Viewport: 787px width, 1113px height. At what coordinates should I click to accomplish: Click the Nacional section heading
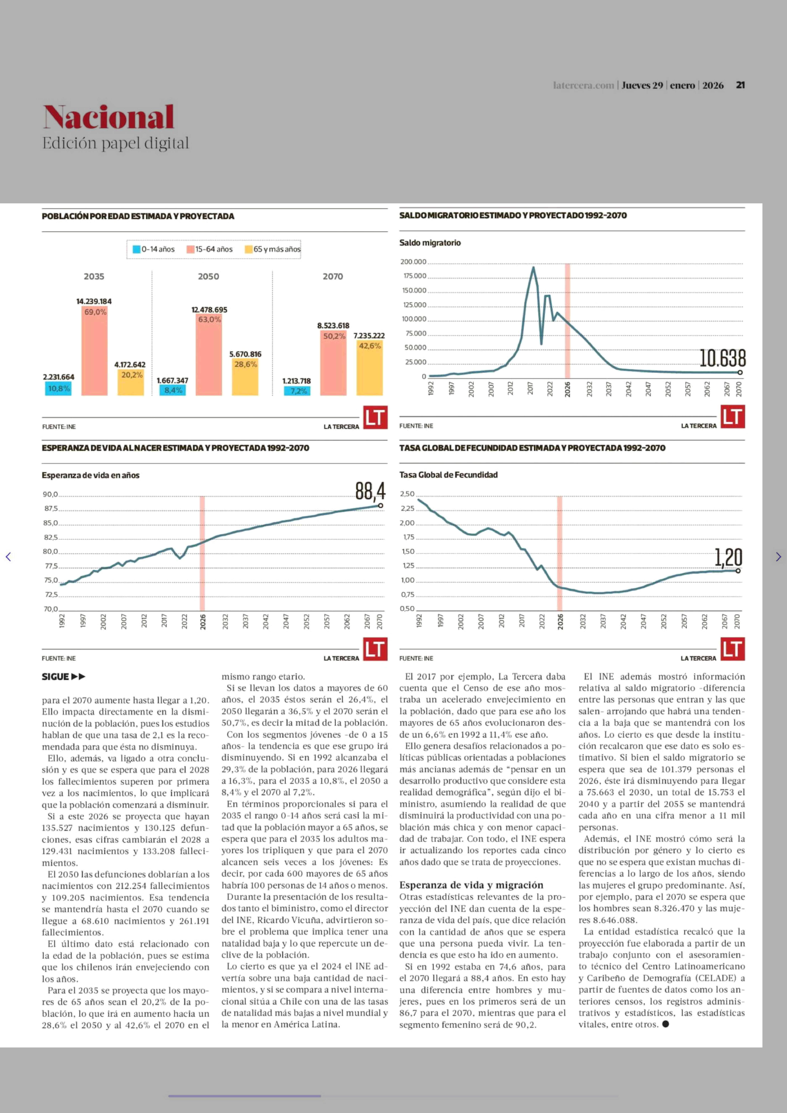coord(109,117)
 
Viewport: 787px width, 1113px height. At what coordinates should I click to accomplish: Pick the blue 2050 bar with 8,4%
coord(173,390)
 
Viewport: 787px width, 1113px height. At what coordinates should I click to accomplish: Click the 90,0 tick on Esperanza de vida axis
coord(50,495)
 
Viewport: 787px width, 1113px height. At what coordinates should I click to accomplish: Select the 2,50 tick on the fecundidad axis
coord(407,494)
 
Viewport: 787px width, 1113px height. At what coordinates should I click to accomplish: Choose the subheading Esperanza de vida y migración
coord(471,885)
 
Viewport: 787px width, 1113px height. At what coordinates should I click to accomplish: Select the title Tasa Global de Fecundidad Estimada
coord(532,448)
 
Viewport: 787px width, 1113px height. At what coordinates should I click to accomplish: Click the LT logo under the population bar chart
coord(375,417)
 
